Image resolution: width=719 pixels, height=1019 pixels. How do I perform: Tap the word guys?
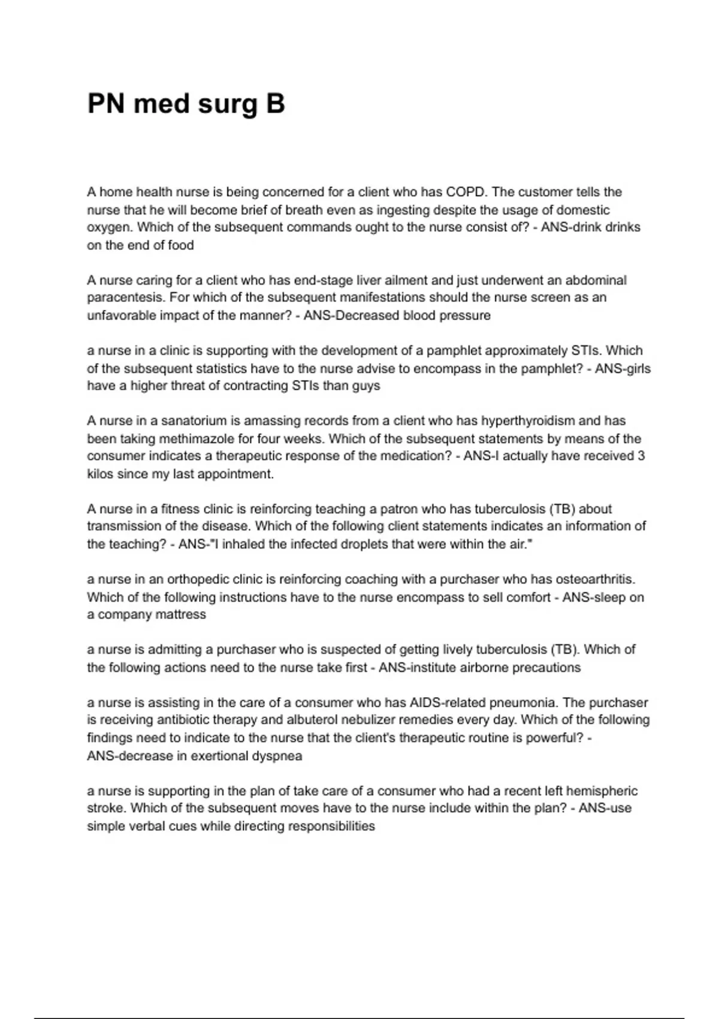pyautogui.click(x=365, y=386)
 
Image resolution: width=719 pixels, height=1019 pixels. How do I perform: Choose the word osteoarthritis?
pyautogui.click(x=595, y=580)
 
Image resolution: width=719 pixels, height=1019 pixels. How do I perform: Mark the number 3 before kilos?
pyautogui.click(x=641, y=456)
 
